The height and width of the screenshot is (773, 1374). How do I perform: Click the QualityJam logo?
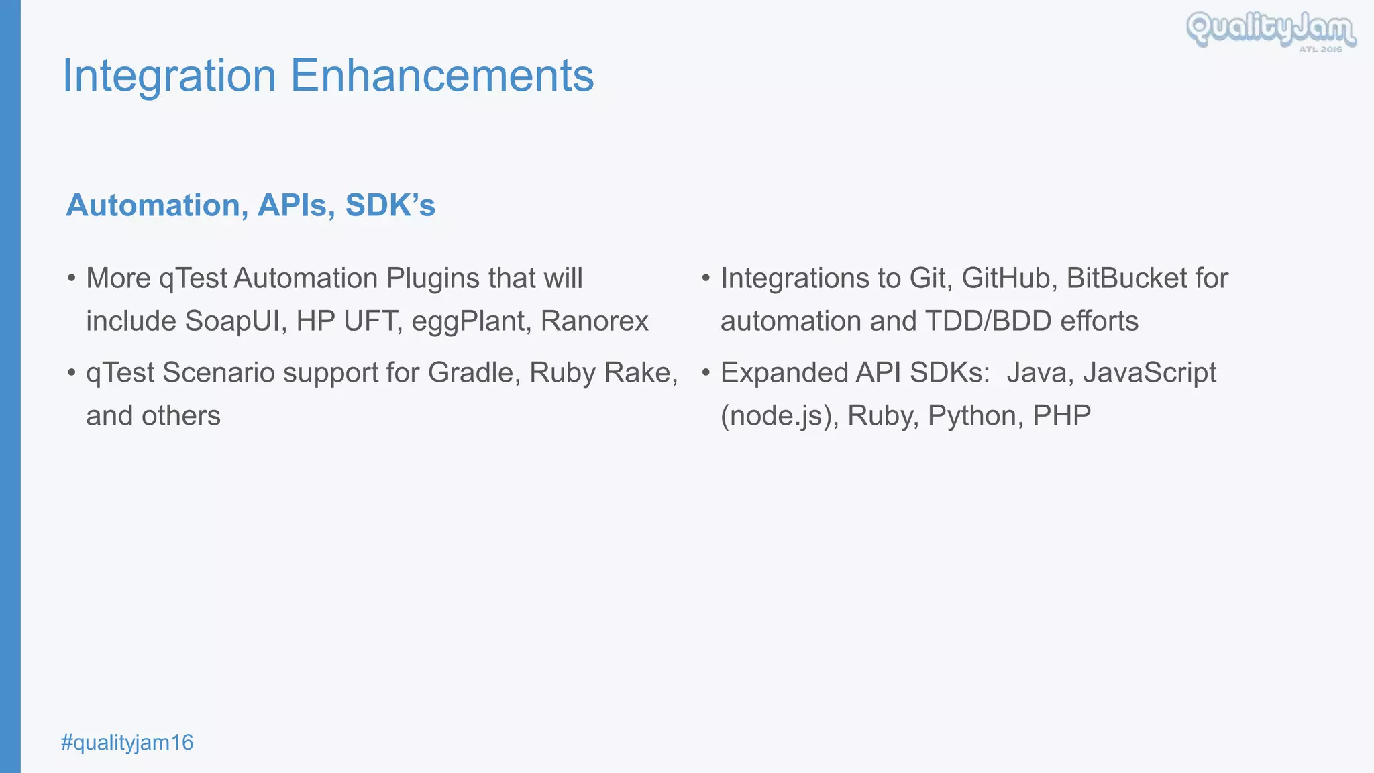coord(1271,30)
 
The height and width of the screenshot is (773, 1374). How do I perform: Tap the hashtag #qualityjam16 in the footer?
coord(127,742)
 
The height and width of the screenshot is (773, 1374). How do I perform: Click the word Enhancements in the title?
coord(442,75)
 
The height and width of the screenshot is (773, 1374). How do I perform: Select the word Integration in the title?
coord(169,75)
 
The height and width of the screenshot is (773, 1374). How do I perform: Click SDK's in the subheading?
coord(390,205)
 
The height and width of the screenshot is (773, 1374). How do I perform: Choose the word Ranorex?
coord(594,321)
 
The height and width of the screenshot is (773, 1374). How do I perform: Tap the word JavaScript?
coord(1149,373)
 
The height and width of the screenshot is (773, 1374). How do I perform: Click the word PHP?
coord(1062,416)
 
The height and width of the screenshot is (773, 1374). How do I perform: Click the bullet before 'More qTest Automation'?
coord(71,278)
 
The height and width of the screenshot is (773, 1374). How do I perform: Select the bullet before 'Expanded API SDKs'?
coord(706,373)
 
